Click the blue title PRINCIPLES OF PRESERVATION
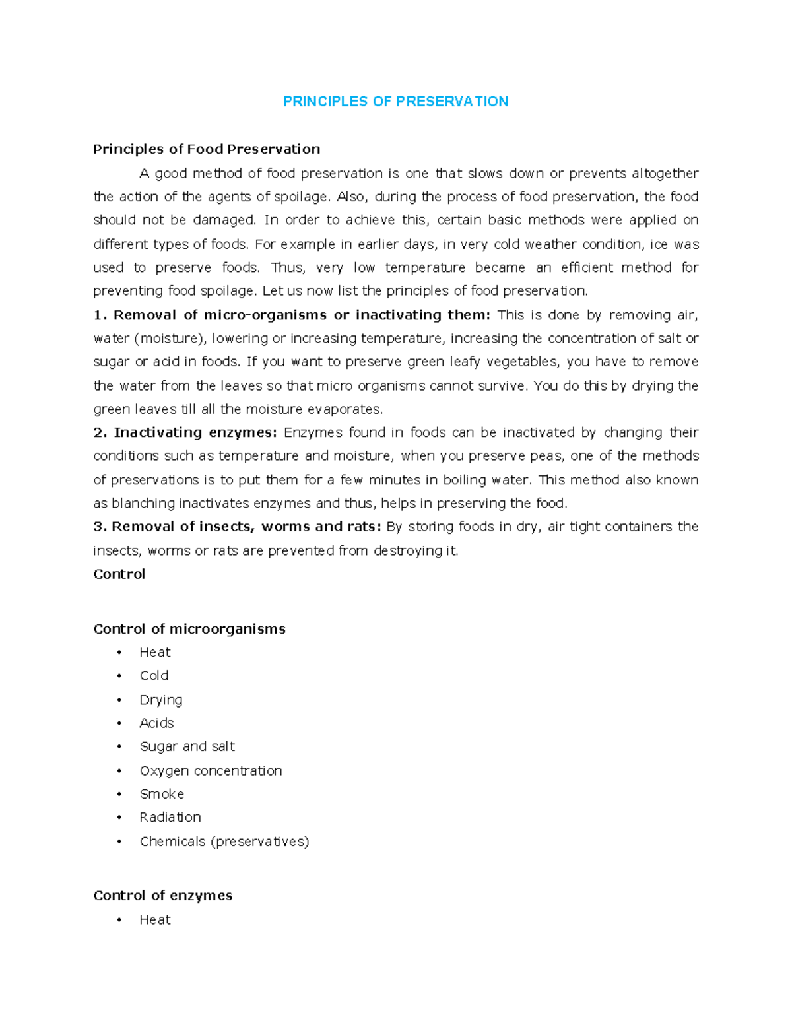[x=395, y=101]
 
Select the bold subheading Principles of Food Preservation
[x=207, y=149]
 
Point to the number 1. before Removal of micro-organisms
[x=100, y=315]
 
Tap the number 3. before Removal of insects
[x=100, y=527]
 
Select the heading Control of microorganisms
[x=189, y=628]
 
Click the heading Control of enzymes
[x=163, y=895]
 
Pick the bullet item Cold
[x=154, y=675]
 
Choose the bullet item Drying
[x=161, y=700]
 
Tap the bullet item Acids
[x=156, y=723]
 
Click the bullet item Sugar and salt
[x=187, y=746]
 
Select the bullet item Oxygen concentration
[x=211, y=770]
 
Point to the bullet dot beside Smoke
[x=119, y=794]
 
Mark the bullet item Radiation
[x=170, y=817]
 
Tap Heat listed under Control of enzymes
[x=155, y=919]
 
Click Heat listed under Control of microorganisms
[x=155, y=652]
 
